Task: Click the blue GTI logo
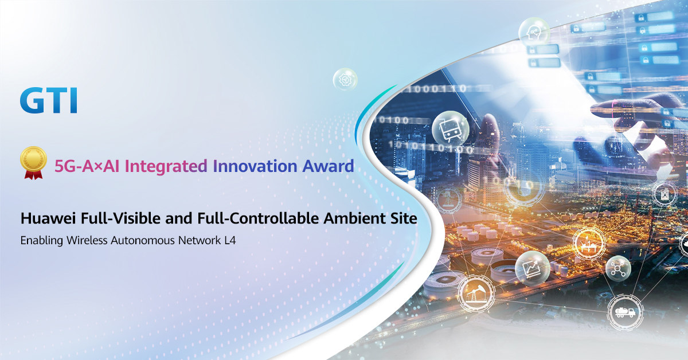point(49,100)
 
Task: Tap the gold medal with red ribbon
point(33,162)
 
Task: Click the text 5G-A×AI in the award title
point(87,166)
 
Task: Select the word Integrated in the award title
point(166,166)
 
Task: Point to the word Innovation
point(255,166)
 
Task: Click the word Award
point(329,166)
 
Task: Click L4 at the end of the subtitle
point(230,240)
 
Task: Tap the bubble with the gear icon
point(345,80)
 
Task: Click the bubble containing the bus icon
point(451,130)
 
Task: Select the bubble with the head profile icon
point(534,33)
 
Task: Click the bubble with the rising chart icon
point(532,268)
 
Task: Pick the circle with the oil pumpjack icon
point(476,294)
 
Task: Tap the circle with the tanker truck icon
point(625,312)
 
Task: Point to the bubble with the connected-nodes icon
point(618,269)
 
